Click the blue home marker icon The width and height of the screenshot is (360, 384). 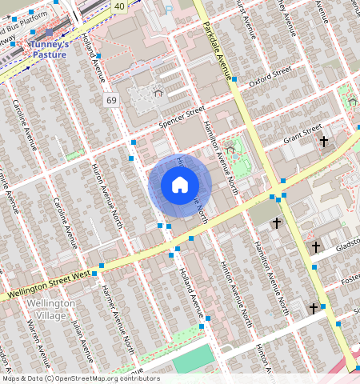[180, 186]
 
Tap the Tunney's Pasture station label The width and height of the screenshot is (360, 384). [61, 49]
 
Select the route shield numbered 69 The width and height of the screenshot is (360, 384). [110, 99]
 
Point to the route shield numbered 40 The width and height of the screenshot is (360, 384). [119, 6]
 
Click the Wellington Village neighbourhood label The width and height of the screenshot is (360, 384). [50, 310]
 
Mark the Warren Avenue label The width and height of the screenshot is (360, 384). [34, 338]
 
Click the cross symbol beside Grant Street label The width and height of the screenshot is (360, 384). [324, 142]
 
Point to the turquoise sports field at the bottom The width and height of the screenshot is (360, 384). [194, 362]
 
